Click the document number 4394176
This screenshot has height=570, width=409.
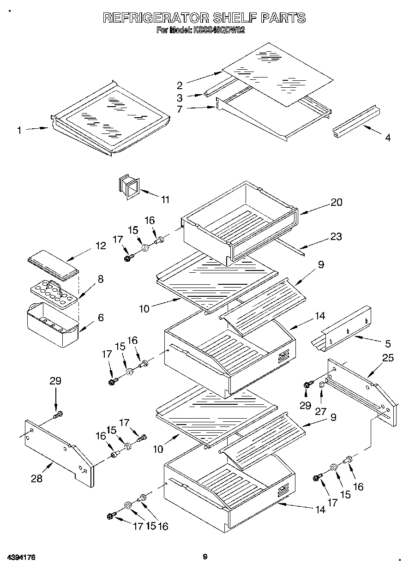(x=21, y=558)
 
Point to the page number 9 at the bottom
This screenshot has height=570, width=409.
(x=205, y=557)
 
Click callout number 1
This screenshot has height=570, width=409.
(x=19, y=131)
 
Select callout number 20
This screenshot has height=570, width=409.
(x=336, y=202)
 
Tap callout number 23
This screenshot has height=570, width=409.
(x=336, y=236)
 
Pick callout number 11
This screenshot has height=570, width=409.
(x=165, y=199)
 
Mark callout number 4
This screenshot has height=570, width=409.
(x=387, y=138)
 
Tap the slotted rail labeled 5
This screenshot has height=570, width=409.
(x=342, y=330)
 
